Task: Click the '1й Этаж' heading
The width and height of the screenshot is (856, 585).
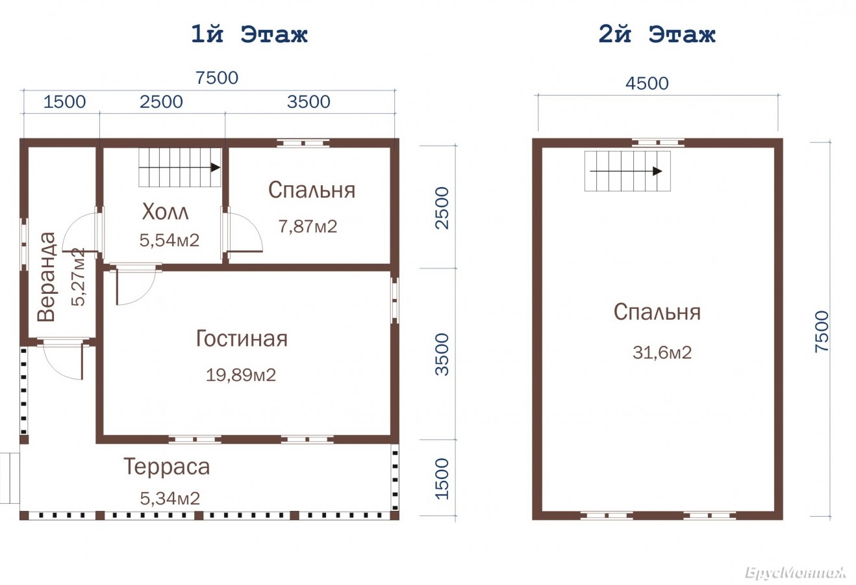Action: pyautogui.click(x=249, y=34)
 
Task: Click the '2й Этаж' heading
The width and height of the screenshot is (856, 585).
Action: pyautogui.click(x=657, y=34)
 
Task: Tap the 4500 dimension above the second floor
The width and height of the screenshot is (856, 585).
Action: pyautogui.click(x=647, y=83)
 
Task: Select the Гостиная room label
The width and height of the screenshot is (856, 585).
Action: pyautogui.click(x=242, y=339)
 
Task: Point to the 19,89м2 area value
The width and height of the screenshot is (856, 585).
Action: pyautogui.click(x=241, y=375)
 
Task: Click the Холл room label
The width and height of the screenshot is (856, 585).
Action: pyautogui.click(x=166, y=212)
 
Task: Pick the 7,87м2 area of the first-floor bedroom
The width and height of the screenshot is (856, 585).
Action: pyautogui.click(x=308, y=226)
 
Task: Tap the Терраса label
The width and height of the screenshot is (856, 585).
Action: pyautogui.click(x=167, y=467)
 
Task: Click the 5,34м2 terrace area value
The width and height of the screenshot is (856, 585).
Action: pyautogui.click(x=170, y=499)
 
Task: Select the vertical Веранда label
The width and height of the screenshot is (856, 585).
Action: pyautogui.click(x=47, y=276)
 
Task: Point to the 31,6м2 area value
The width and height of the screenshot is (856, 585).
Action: pyautogui.click(x=662, y=352)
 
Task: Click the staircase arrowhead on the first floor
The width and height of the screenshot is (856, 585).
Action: pyautogui.click(x=216, y=168)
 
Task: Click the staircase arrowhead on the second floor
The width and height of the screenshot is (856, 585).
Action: pyautogui.click(x=657, y=171)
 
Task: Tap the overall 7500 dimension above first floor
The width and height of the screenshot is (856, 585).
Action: pyautogui.click(x=217, y=78)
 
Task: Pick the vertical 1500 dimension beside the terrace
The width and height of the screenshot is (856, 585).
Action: pyautogui.click(x=442, y=478)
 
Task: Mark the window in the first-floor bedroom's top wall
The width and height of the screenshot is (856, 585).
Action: pyautogui.click(x=303, y=144)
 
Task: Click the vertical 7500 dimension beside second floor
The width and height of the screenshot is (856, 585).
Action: pyautogui.click(x=822, y=331)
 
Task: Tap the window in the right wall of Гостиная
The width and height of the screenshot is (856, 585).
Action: pyautogui.click(x=395, y=301)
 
